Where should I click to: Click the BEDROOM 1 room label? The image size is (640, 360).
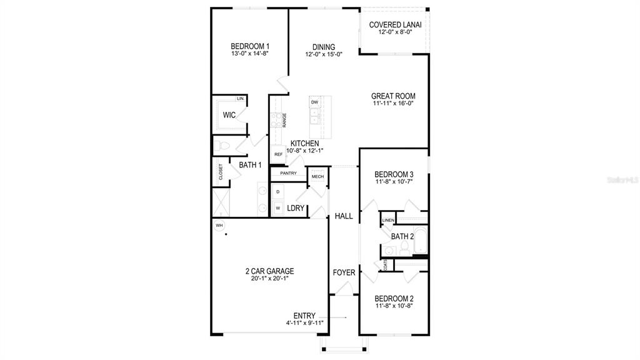(250, 46)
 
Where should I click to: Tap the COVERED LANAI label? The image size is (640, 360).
(395, 25)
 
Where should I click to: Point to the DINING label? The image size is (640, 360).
(324, 47)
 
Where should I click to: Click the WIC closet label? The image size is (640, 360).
(229, 115)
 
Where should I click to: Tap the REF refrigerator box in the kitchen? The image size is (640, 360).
(277, 154)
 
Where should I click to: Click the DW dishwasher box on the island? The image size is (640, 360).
(314, 102)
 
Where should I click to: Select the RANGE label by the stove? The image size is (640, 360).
(284, 119)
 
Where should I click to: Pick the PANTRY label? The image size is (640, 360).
(288, 173)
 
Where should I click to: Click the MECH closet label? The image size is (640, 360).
(317, 177)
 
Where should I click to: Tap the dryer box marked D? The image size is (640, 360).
(278, 191)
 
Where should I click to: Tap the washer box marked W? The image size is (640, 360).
(278, 207)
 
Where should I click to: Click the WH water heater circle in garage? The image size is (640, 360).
(219, 225)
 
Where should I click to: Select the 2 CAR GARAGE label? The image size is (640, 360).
(269, 271)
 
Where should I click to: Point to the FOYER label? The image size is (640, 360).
(344, 272)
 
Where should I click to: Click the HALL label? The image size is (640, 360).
(344, 216)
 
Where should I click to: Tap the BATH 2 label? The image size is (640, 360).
(402, 236)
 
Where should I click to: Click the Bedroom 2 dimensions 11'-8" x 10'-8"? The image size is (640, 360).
(394, 306)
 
